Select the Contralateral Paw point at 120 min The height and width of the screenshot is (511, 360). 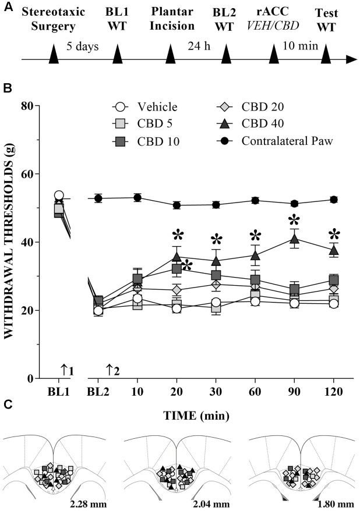pos(334,200)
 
